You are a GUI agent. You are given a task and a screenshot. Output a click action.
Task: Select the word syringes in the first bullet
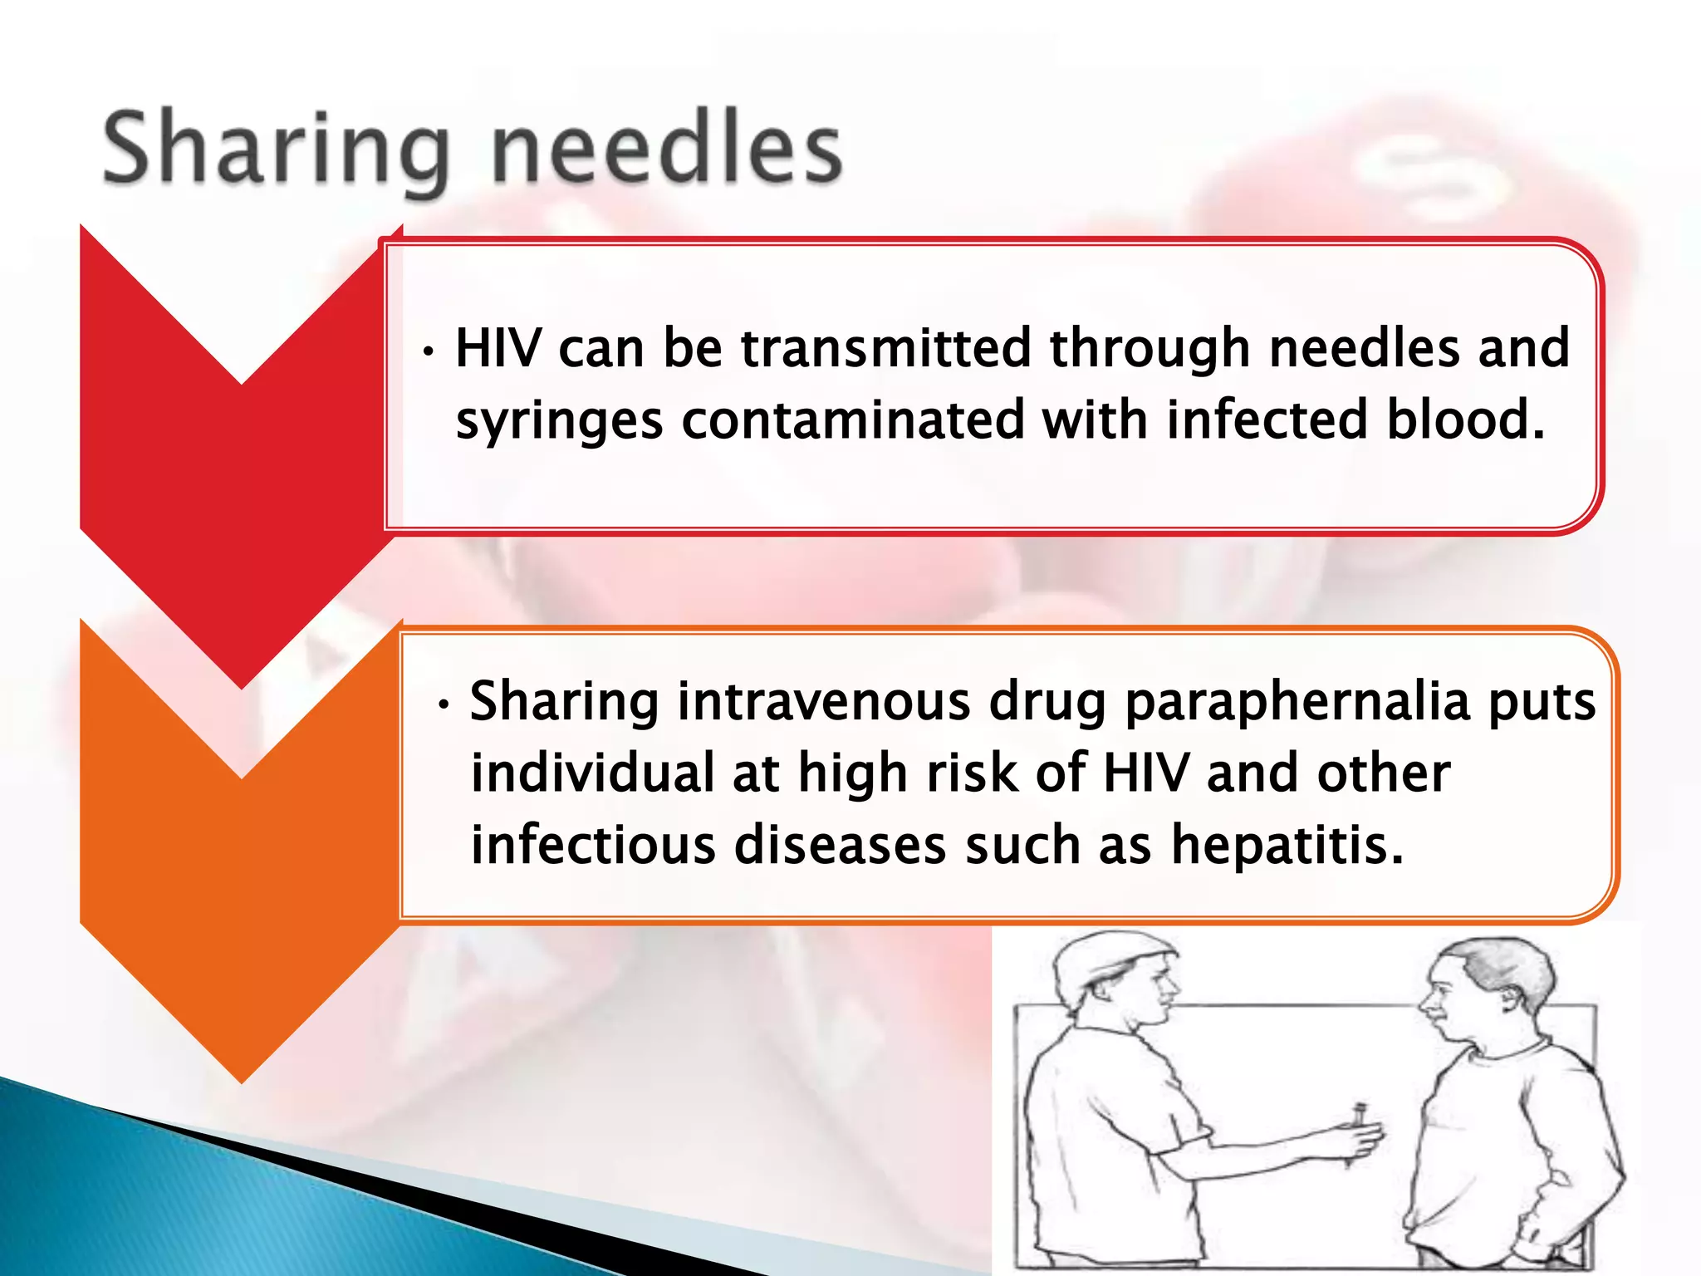(559, 420)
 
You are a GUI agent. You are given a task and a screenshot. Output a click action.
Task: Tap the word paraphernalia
(1298, 703)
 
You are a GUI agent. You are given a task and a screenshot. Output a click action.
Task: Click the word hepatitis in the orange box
(1287, 844)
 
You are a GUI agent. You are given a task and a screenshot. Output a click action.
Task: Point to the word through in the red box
(1150, 349)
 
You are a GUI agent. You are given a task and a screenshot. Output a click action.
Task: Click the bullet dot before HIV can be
(428, 352)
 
